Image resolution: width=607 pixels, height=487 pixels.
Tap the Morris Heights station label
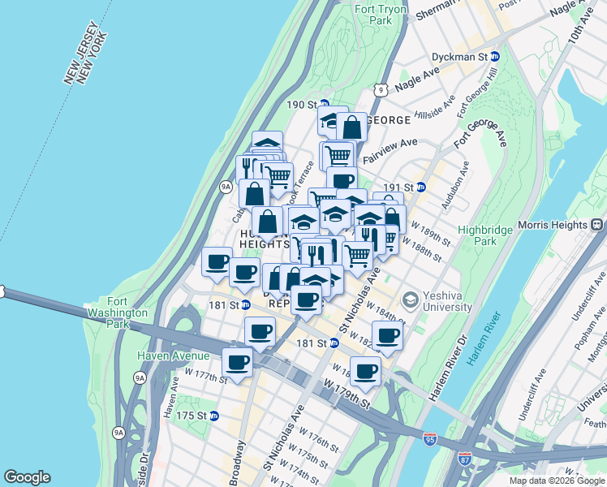tap(552, 224)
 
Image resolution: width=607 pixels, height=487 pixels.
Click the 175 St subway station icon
tap(214, 416)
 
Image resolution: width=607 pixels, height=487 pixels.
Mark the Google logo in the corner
tap(27, 477)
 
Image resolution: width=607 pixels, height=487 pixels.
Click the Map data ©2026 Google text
tap(556, 481)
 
